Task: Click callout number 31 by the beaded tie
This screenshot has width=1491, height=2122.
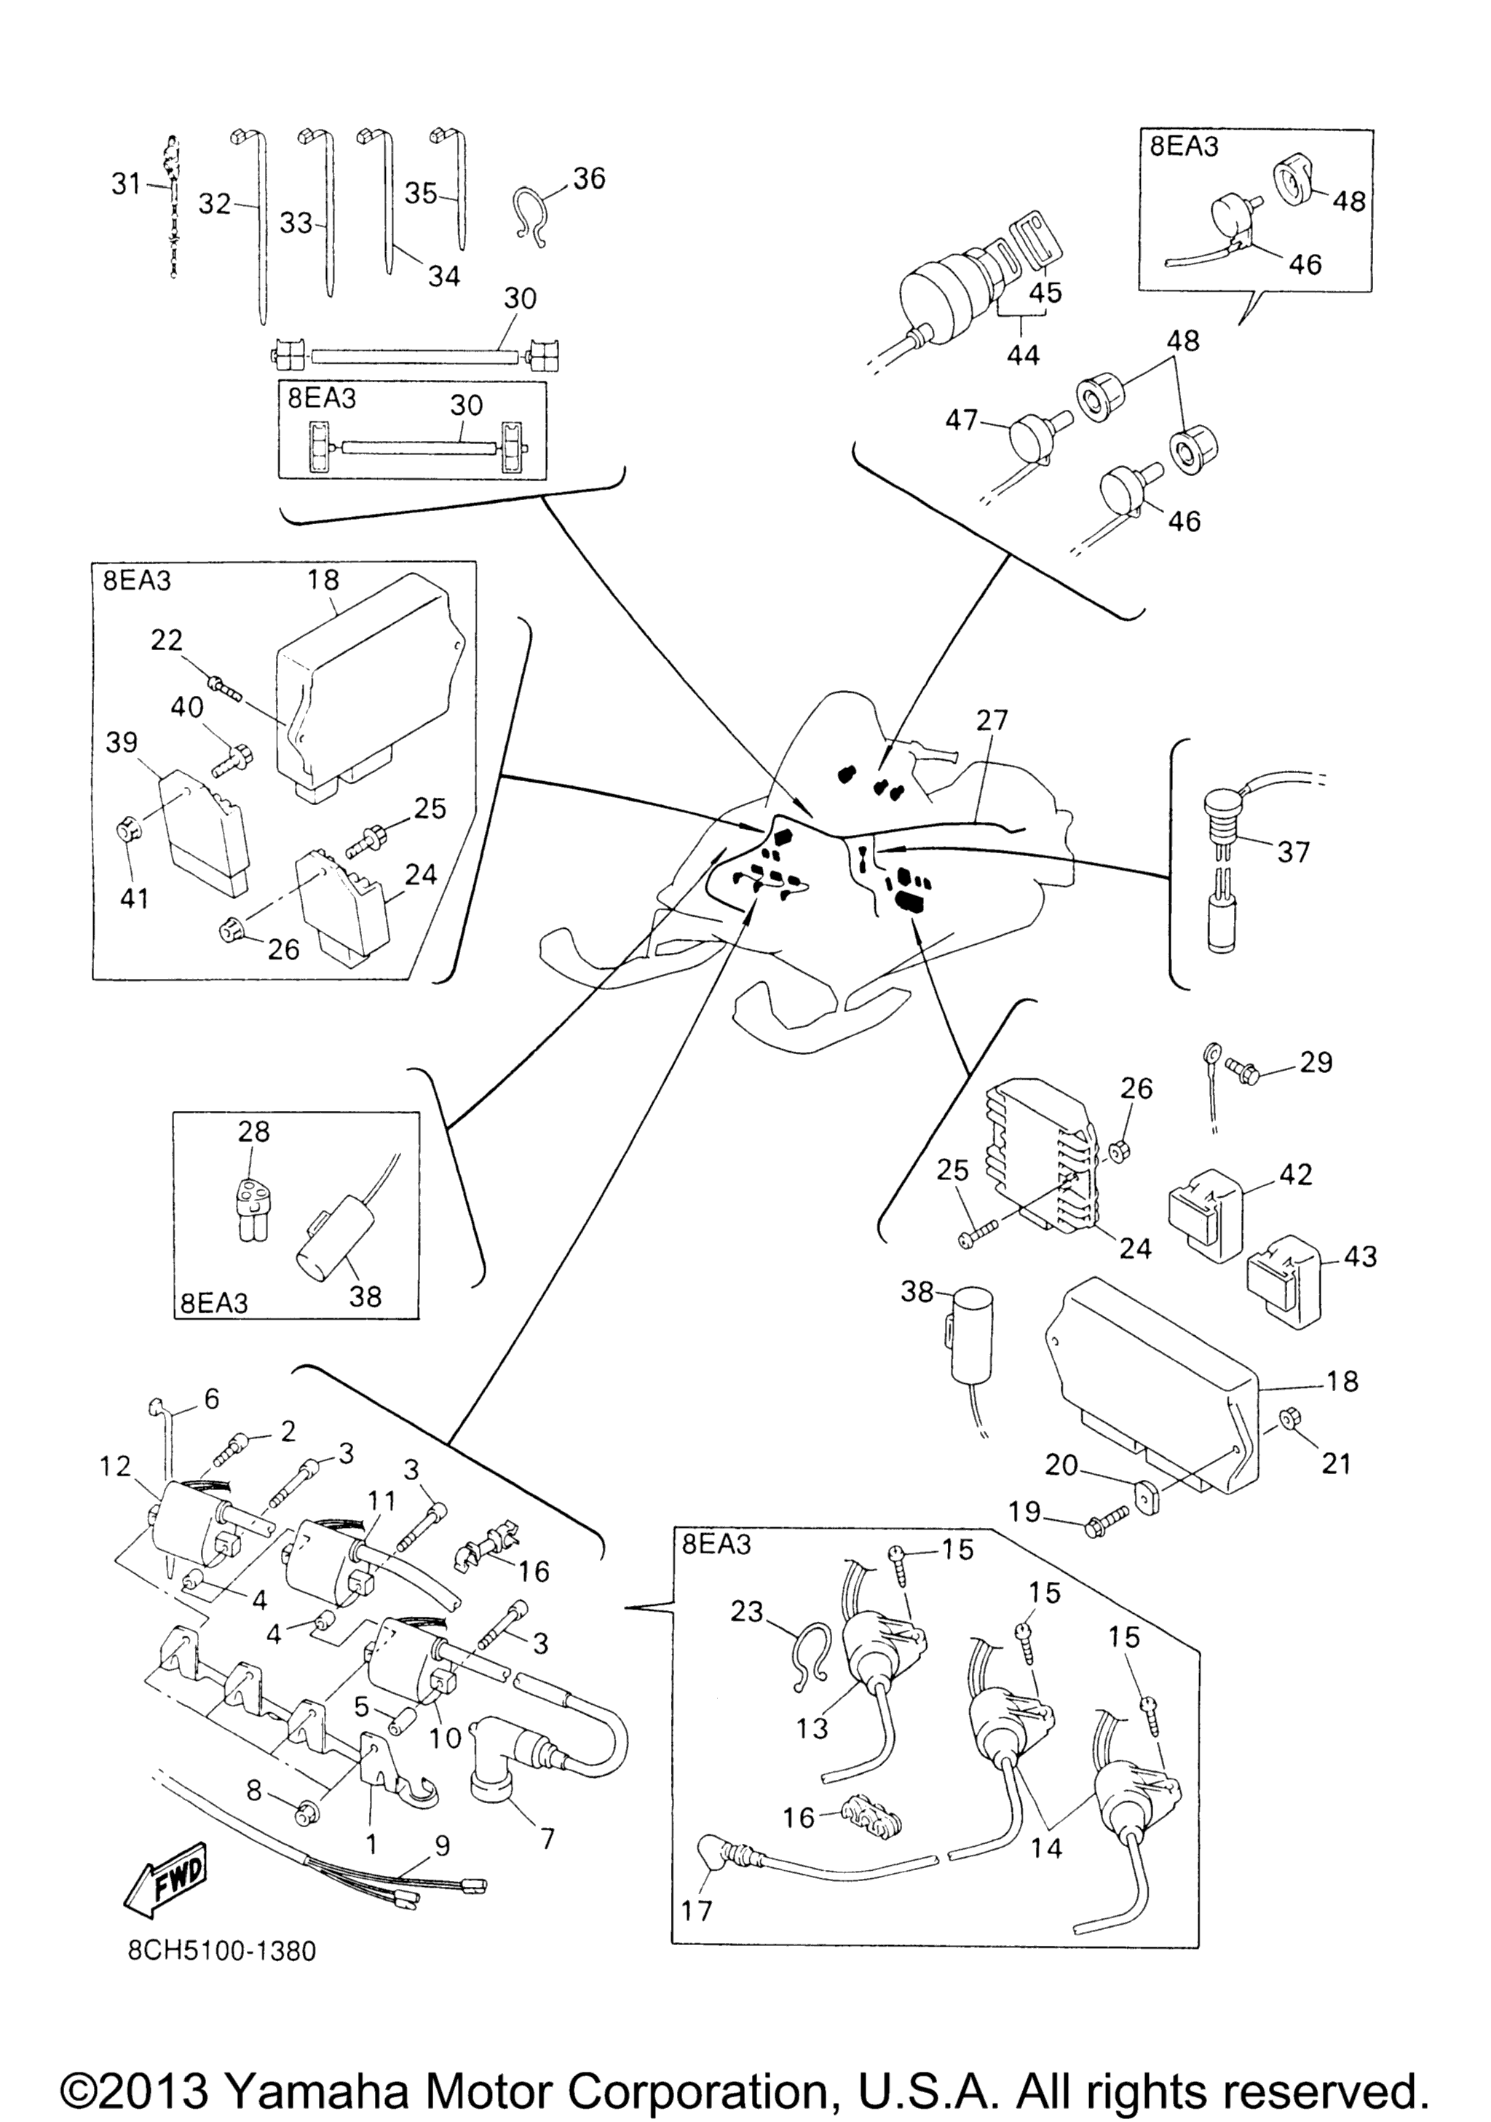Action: pyautogui.click(x=127, y=184)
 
